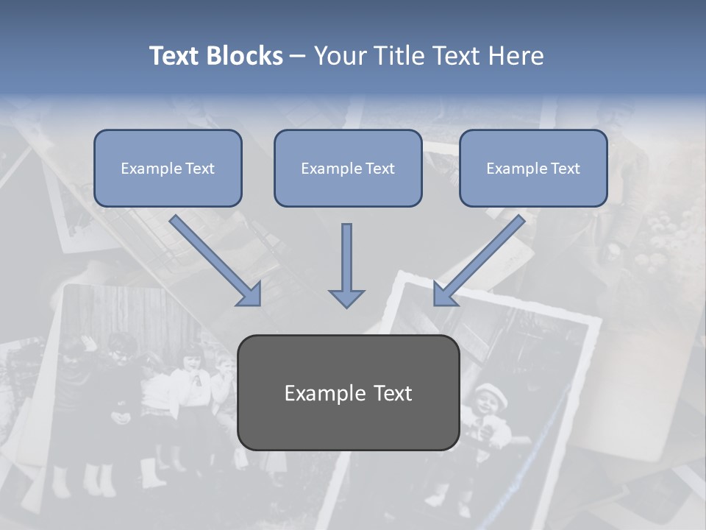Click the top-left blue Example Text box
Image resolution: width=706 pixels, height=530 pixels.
click(168, 168)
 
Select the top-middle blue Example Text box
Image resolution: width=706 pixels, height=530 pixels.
click(348, 168)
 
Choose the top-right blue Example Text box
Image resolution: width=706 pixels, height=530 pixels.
click(533, 168)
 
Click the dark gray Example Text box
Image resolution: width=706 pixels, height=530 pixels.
click(348, 392)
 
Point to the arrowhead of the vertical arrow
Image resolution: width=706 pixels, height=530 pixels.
click(346, 297)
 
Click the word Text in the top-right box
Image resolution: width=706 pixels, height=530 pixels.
click(566, 169)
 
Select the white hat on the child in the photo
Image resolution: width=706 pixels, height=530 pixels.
click(491, 394)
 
